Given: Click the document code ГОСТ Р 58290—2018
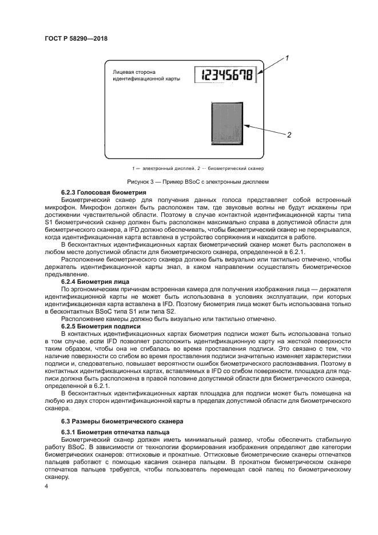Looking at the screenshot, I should coord(76,39).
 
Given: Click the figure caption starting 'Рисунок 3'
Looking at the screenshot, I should coord(189,181).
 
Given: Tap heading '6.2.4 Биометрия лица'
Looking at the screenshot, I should coord(95,282).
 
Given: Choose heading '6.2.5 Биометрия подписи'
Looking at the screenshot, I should coord(100,326).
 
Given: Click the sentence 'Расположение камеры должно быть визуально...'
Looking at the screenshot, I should coord(169,319).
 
